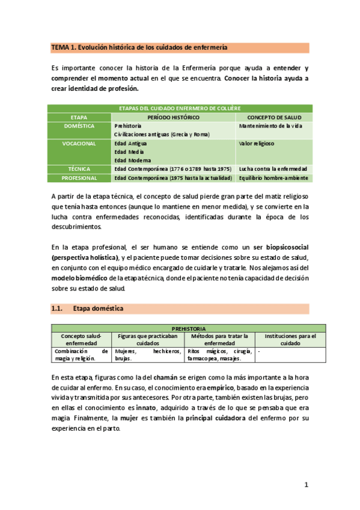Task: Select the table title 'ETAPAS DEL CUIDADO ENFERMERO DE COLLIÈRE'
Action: tap(180, 108)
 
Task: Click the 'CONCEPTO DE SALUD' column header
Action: tap(273, 117)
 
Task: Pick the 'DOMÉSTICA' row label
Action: tap(79, 126)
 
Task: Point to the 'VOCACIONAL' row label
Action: tap(79, 144)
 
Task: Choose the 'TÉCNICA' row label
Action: tap(79, 169)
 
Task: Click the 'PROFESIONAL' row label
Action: tap(79, 178)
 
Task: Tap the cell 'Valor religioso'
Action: tap(257, 144)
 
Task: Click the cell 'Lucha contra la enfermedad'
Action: tap(273, 169)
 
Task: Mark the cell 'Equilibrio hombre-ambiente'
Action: tap(273, 178)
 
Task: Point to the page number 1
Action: tap(306, 484)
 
